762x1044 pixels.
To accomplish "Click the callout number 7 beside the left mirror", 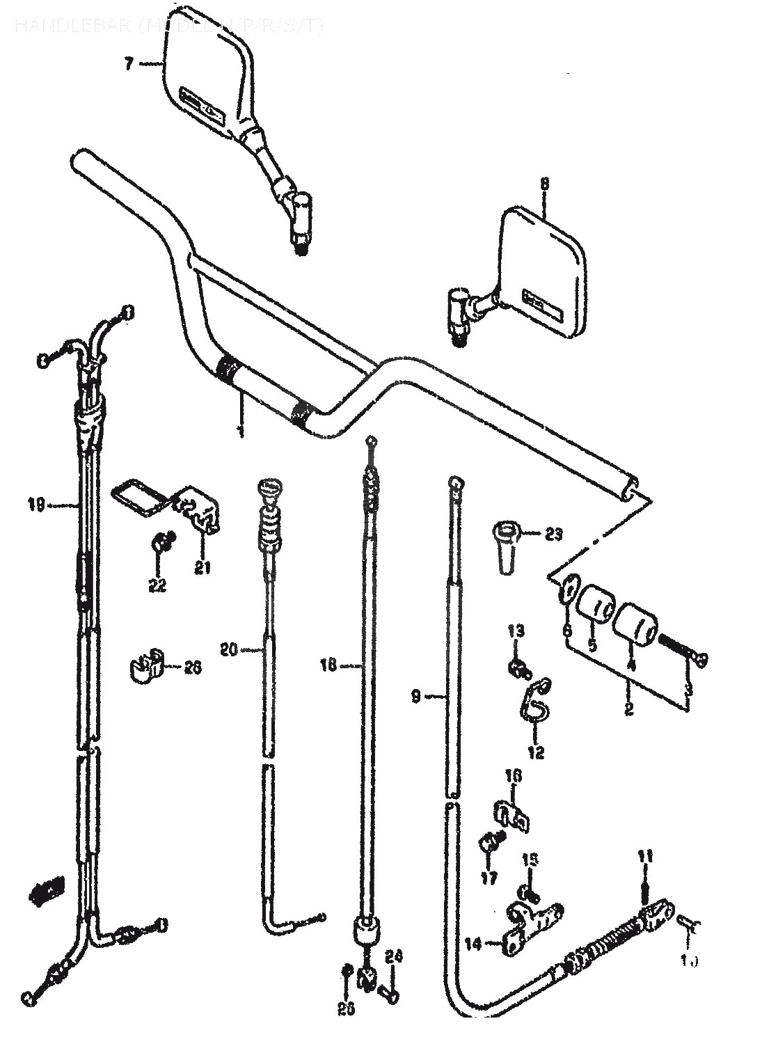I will pyautogui.click(x=128, y=65).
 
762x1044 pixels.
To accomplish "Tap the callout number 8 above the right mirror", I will pyautogui.click(x=544, y=184).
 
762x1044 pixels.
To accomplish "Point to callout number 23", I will pyautogui.click(x=554, y=535).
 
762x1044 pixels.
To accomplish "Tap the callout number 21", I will pyautogui.click(x=202, y=568).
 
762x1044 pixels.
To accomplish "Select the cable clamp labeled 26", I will pyautogui.click(x=147, y=665).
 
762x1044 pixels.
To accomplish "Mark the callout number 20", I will pyautogui.click(x=229, y=650).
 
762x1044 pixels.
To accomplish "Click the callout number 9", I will pyautogui.click(x=415, y=695).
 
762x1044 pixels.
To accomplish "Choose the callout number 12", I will pyautogui.click(x=536, y=752).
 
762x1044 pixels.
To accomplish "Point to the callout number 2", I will pyautogui.click(x=628, y=710).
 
